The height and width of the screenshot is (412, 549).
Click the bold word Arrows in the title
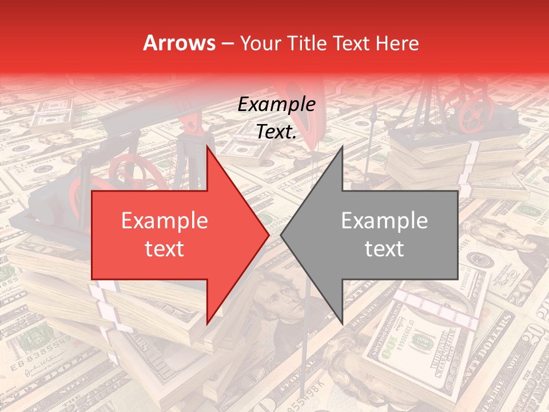[x=179, y=43]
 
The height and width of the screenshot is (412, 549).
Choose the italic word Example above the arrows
[x=277, y=105]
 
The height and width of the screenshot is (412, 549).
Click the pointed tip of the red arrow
[x=268, y=235]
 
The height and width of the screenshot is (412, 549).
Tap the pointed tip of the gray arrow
[x=282, y=235]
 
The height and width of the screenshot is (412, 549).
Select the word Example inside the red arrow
[x=165, y=221]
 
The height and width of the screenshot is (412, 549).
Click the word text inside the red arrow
[x=165, y=248]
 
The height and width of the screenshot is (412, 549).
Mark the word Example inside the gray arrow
[x=384, y=221]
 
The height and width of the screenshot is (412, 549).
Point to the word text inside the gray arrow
[x=384, y=248]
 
